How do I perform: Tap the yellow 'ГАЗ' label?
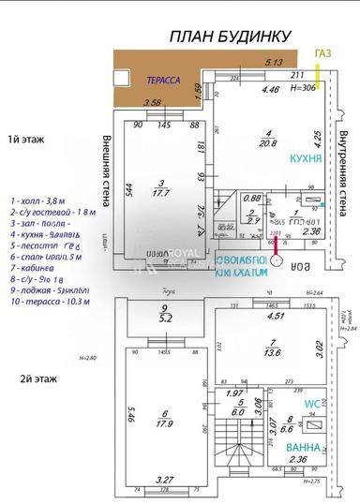tap(323, 55)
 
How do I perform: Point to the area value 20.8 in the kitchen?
tap(269, 142)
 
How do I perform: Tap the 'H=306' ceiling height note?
tap(302, 87)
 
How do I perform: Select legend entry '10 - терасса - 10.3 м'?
tap(49, 302)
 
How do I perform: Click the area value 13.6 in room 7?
tap(273, 354)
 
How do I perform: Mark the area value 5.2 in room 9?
tap(165, 318)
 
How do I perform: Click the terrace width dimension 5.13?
tap(275, 63)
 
